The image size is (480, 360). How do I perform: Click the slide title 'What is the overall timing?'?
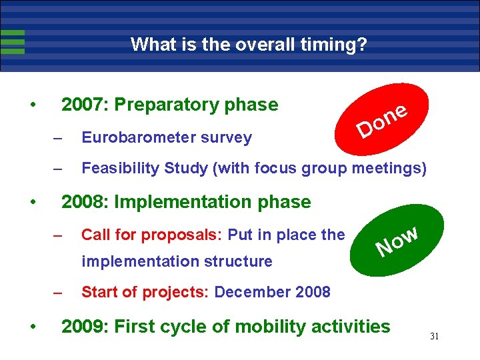(x=249, y=45)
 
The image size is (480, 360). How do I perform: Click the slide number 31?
(x=434, y=337)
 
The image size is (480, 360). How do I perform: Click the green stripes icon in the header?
(x=13, y=41)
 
